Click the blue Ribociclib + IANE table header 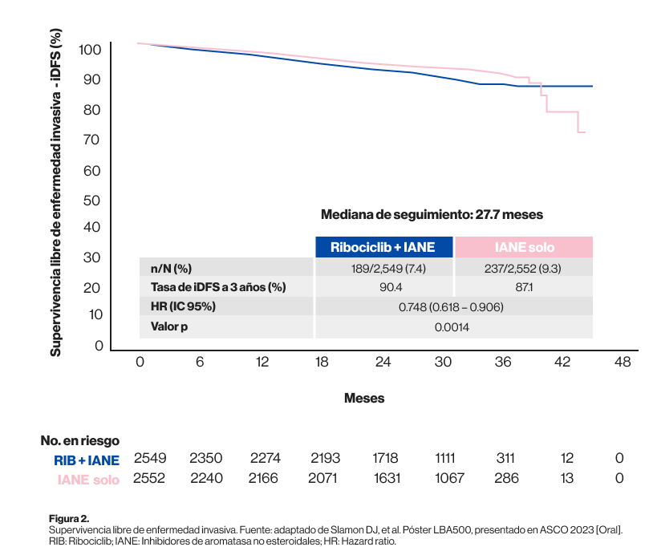coord(383,247)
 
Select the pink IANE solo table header coord(524,247)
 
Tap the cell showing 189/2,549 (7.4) coord(383,268)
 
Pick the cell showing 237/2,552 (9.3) coord(524,268)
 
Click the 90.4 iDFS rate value coord(383,287)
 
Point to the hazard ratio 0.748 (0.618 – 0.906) coord(452,307)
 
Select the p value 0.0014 coord(452,326)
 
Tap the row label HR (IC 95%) coord(183,307)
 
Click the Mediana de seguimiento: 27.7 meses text coord(432,214)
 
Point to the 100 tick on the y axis coord(91,50)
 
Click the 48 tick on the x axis coord(622,363)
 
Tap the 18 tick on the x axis coord(322,363)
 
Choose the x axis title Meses coord(364,398)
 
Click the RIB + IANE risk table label coord(87,460)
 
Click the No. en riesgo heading coord(80,440)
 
